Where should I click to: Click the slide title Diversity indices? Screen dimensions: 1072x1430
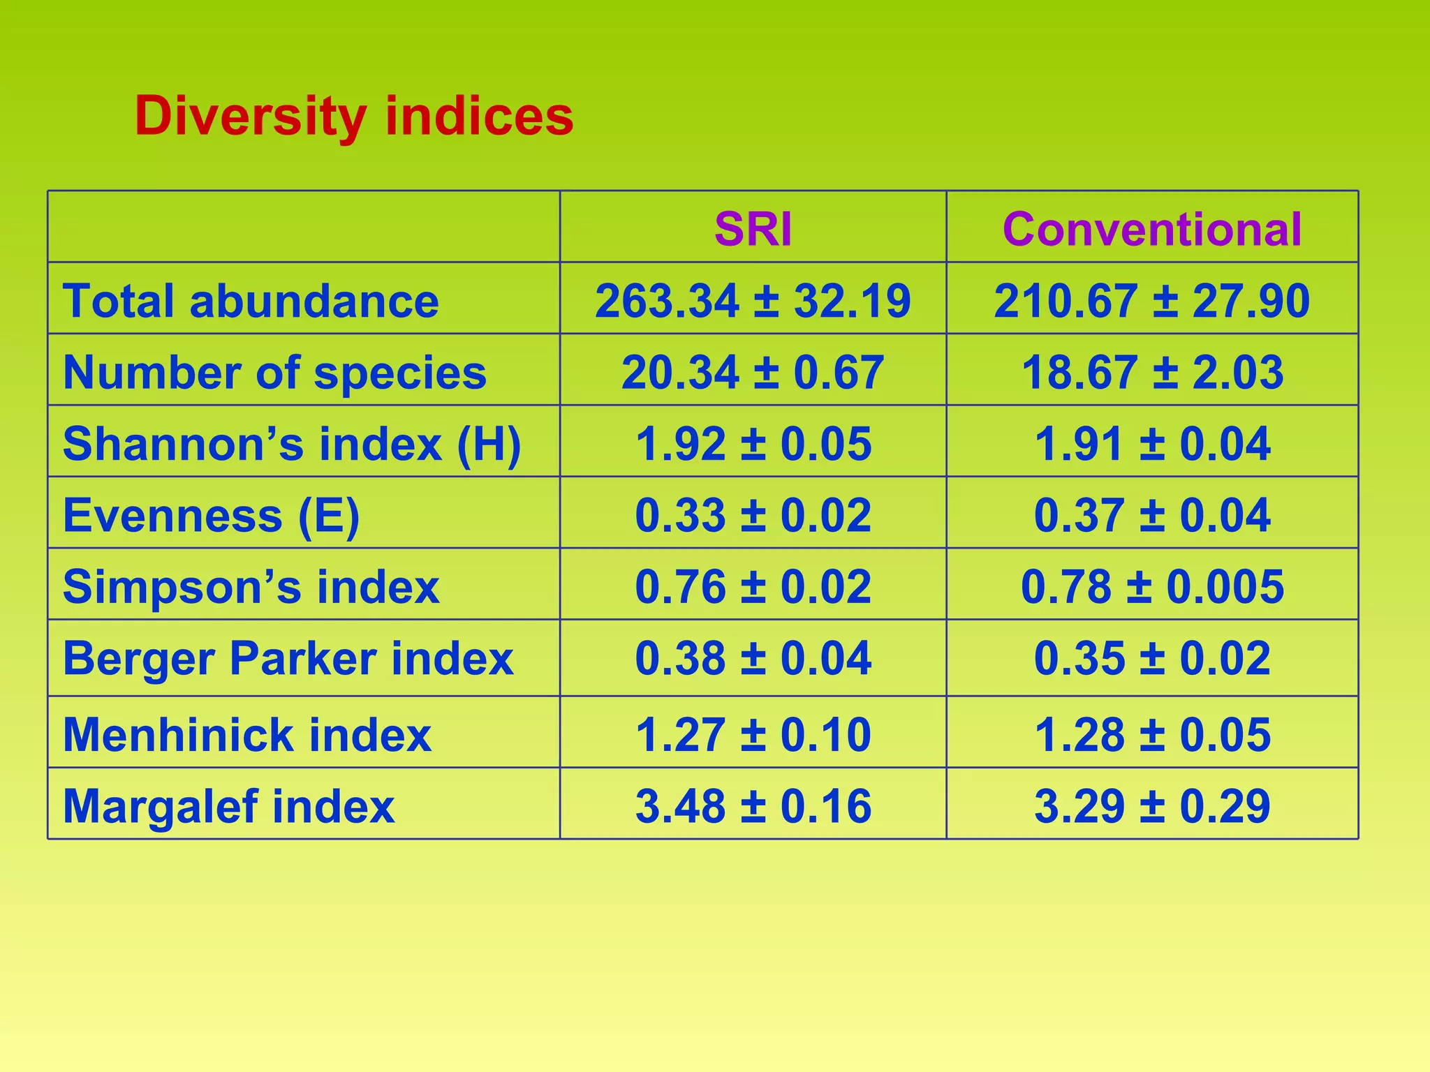coord(354,117)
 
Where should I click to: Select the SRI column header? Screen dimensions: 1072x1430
coord(753,229)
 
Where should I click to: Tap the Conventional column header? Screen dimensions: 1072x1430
coord(1152,229)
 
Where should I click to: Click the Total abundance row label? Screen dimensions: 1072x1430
coord(251,301)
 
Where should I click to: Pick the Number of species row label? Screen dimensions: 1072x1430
coord(274,372)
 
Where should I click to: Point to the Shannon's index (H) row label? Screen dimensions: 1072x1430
coord(292,444)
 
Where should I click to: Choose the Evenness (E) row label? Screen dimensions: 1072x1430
coord(211,516)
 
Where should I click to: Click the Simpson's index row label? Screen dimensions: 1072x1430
coord(251,587)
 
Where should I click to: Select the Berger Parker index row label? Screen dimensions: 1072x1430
coord(288,658)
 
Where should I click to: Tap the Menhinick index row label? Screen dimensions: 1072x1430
coord(247,735)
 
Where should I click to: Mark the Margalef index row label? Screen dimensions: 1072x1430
coord(228,806)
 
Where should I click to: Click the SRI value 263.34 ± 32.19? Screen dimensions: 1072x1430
coord(753,301)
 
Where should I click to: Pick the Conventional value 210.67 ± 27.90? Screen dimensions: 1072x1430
coord(1152,301)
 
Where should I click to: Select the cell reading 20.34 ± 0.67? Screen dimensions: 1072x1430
coord(753,372)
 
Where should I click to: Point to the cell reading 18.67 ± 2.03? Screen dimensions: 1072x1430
coord(1152,372)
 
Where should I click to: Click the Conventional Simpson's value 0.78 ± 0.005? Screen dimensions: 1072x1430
coord(1152,587)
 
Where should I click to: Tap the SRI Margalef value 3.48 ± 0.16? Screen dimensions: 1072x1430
coord(753,806)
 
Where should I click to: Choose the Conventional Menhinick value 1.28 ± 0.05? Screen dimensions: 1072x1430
coord(1152,735)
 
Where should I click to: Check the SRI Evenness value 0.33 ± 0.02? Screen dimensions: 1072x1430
coord(753,516)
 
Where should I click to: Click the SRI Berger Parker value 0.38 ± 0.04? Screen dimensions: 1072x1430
coord(753,658)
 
